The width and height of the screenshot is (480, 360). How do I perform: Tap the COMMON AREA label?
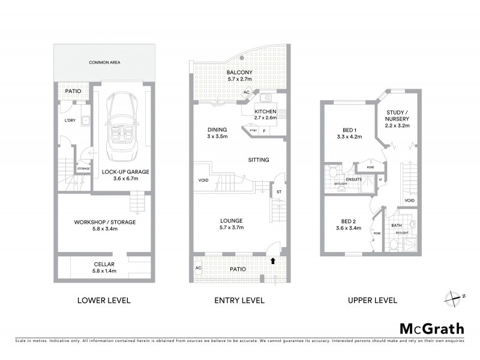coord(101,62)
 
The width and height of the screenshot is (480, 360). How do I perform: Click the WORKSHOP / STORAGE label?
coord(105,222)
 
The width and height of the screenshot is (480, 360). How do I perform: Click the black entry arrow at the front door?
coord(274,260)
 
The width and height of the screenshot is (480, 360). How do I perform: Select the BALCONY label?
coord(240,72)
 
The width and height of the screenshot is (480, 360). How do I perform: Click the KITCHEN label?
coord(265,112)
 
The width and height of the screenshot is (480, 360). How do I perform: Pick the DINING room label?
coord(217,130)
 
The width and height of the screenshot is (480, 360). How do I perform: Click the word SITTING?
coord(259,160)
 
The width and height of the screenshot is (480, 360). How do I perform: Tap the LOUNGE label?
coord(231,221)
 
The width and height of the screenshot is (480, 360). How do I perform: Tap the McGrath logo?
coord(432,328)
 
